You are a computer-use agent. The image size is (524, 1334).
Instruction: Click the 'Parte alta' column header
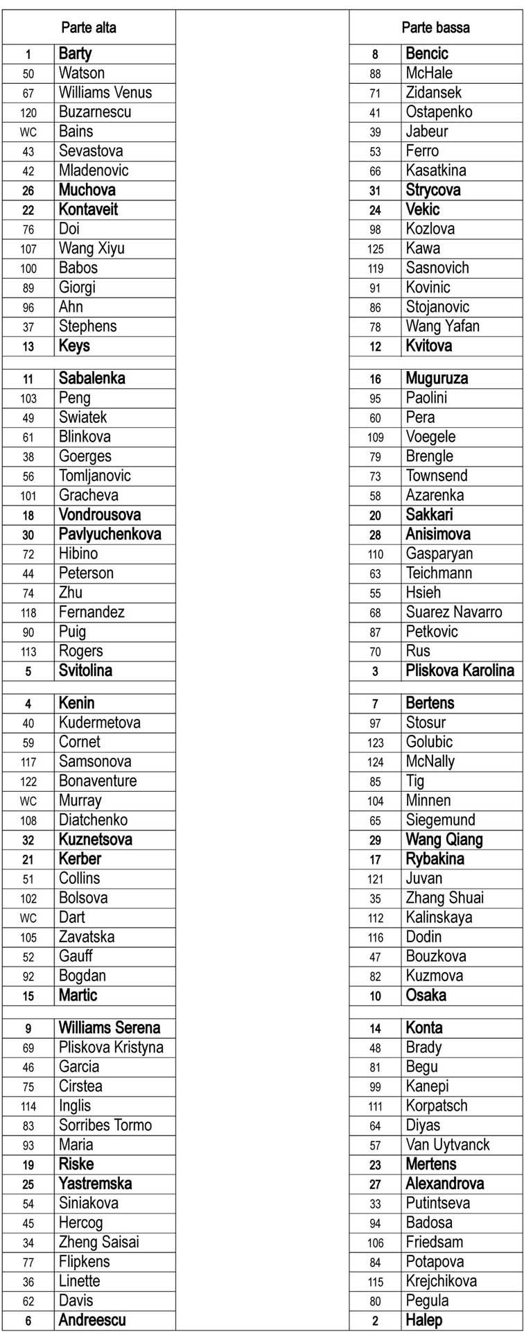89,28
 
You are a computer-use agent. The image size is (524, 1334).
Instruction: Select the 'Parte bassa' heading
435,28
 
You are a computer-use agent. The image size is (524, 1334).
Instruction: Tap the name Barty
75,53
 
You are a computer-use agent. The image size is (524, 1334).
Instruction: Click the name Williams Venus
105,92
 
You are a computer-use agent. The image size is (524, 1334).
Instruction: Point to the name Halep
423,1320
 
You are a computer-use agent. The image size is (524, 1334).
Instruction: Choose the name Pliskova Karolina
460,670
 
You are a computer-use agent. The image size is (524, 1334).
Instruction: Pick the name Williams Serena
109,1028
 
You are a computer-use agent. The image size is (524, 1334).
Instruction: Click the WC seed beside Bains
28,132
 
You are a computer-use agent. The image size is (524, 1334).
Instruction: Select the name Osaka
426,995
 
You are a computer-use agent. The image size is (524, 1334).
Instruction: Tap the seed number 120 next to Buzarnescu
28,112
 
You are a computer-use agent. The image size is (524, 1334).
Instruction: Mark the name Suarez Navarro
453,612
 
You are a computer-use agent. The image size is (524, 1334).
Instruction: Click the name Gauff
76,956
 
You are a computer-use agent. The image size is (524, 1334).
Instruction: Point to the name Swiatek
82,417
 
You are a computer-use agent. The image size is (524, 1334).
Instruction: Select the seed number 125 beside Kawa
375,249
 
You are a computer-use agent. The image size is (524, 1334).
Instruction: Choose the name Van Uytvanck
447,1145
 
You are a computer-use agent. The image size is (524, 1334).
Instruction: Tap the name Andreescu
92,1320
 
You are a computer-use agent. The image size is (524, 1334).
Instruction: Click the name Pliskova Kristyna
111,1047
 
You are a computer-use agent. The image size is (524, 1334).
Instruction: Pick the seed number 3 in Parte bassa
375,671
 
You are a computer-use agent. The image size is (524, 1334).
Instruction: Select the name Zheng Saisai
98,1242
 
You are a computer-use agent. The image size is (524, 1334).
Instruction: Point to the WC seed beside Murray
28,801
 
